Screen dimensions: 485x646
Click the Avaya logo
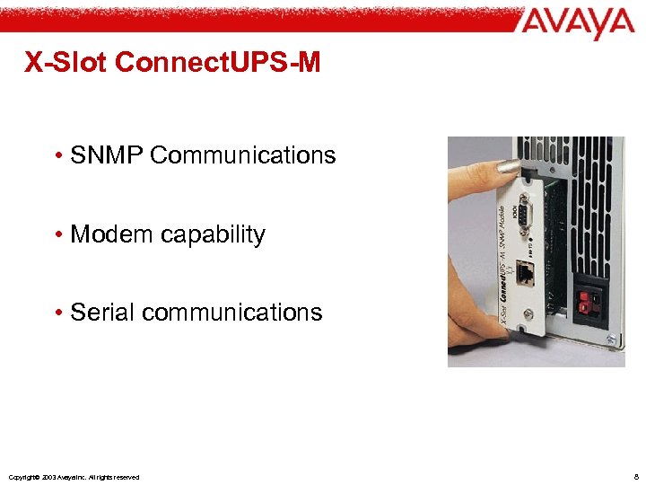click(575, 24)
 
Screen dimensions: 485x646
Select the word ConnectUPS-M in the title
click(218, 62)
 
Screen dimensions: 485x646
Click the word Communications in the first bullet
click(243, 155)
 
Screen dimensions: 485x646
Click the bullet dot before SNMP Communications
click(57, 156)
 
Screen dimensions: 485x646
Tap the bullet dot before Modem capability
click(57, 235)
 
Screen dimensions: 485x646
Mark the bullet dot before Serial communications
click(57, 313)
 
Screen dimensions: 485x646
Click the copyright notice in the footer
click(73, 477)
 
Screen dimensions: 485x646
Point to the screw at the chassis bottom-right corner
click(611, 339)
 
